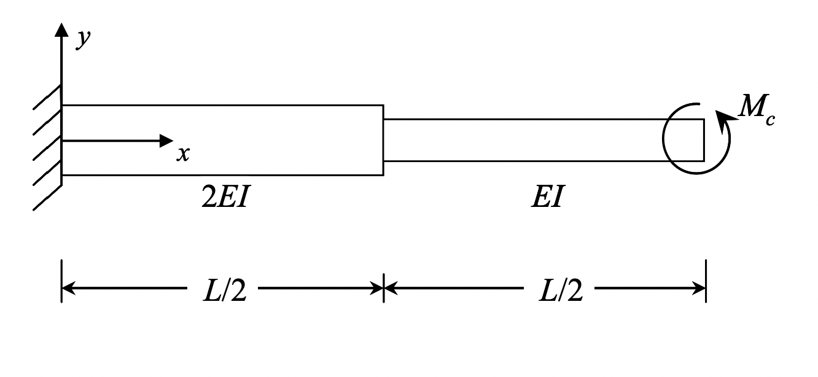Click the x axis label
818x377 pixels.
pos(182,154)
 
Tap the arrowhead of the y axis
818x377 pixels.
pos(61,29)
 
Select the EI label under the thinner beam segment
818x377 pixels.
pos(547,199)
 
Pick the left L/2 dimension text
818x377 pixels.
pos(224,291)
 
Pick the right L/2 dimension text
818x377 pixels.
pos(560,291)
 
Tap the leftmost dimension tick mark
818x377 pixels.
pos(61,281)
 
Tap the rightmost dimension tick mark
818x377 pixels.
pos(706,281)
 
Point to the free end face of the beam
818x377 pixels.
pos(704,140)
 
